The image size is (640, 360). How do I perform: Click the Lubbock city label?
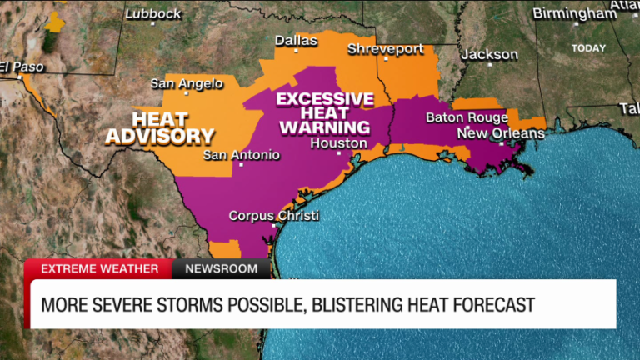[152, 14]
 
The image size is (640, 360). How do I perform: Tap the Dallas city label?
[296, 40]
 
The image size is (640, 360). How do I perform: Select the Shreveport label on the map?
[386, 49]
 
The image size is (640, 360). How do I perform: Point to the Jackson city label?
[489, 54]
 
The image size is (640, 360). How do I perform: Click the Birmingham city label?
[574, 13]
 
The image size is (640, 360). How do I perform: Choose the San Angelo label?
[187, 83]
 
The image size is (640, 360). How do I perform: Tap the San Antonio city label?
[242, 154]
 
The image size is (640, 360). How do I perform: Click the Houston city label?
[338, 143]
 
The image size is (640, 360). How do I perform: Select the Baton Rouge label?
[467, 117]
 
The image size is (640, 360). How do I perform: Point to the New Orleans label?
[500, 133]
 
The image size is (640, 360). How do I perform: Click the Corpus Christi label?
[273, 215]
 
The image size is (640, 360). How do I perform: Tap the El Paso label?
[22, 67]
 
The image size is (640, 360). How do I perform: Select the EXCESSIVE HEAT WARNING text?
[325, 112]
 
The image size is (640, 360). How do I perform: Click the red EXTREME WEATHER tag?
[99, 268]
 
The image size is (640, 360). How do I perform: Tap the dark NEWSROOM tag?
[221, 268]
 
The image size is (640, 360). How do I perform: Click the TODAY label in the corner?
[588, 48]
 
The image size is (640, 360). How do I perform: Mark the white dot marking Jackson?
[490, 63]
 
